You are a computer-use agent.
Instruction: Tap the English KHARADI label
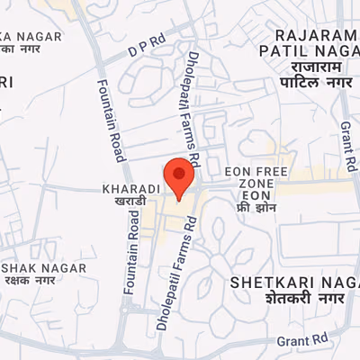pos(131,189)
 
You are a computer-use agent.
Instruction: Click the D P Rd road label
pos(148,41)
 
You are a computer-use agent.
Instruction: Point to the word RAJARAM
pos(310,36)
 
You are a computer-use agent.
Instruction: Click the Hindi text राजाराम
pos(310,68)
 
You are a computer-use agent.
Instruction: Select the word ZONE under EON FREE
pos(256,184)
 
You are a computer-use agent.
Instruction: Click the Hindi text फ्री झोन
pos(255,208)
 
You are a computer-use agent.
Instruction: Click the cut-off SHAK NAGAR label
pos(43,267)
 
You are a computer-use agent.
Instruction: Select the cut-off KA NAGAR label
pos(31,35)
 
